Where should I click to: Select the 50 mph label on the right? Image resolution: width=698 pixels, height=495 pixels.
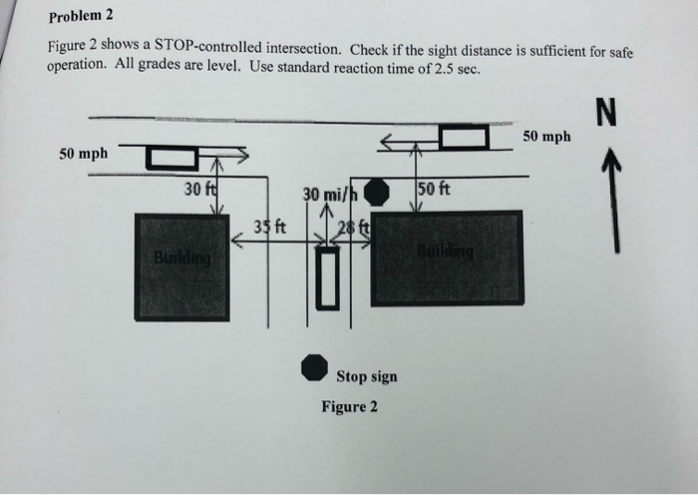[546, 136]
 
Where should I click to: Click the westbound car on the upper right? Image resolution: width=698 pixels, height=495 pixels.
[465, 138]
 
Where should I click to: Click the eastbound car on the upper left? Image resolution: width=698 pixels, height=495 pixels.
[172, 156]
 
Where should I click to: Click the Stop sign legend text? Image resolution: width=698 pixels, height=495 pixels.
[366, 376]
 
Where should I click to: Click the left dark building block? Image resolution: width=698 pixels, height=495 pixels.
[181, 264]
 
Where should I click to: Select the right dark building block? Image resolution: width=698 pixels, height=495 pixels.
[447, 257]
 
